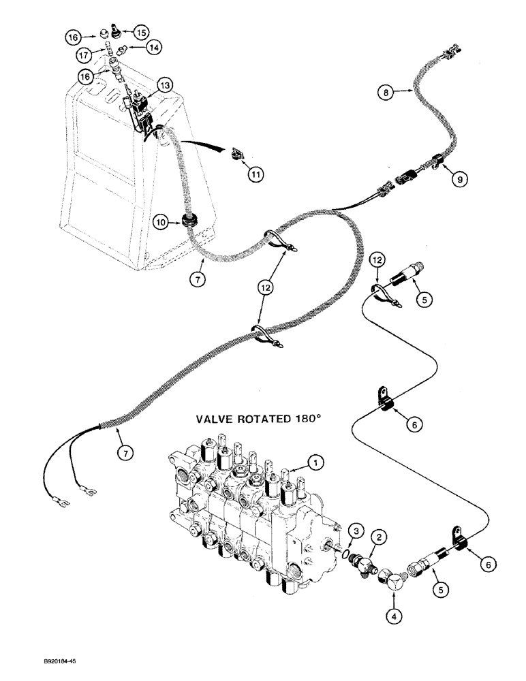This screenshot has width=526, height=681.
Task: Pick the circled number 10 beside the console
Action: point(161,222)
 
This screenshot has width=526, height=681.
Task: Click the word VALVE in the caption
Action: point(218,420)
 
